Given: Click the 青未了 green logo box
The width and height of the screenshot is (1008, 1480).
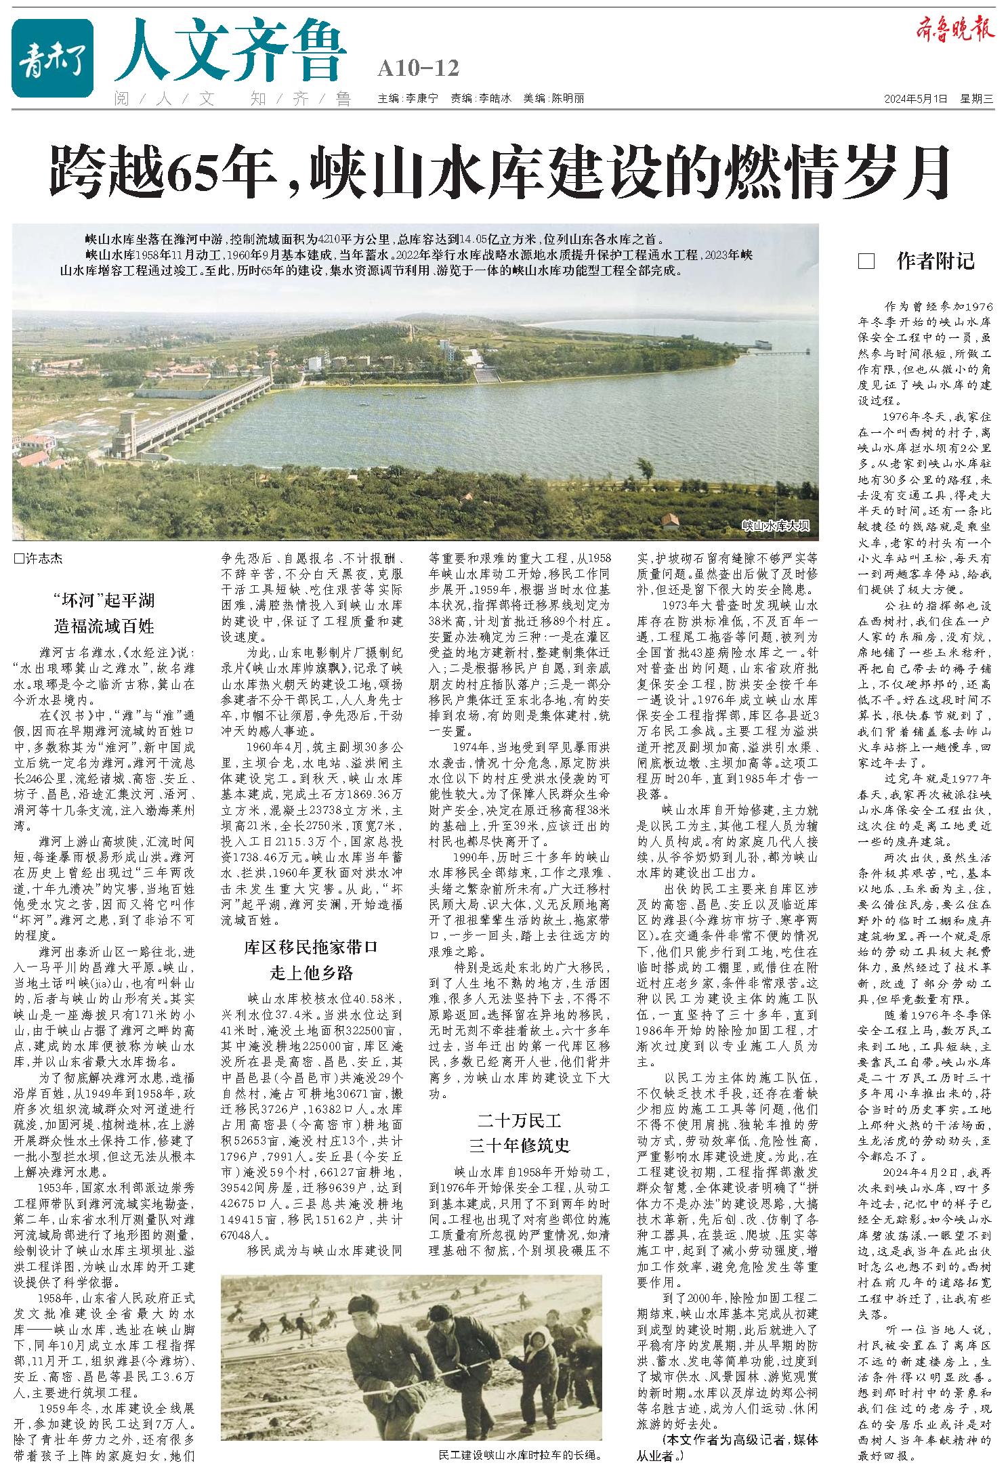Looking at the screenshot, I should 52,58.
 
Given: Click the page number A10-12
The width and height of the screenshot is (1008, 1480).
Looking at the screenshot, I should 419,68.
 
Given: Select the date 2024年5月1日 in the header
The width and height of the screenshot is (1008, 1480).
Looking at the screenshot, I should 914,99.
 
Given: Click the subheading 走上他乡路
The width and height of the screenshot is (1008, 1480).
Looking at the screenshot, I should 312,973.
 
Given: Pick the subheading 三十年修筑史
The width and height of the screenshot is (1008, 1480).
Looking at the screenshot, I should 520,1144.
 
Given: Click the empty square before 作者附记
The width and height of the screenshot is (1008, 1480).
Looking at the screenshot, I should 865,262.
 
